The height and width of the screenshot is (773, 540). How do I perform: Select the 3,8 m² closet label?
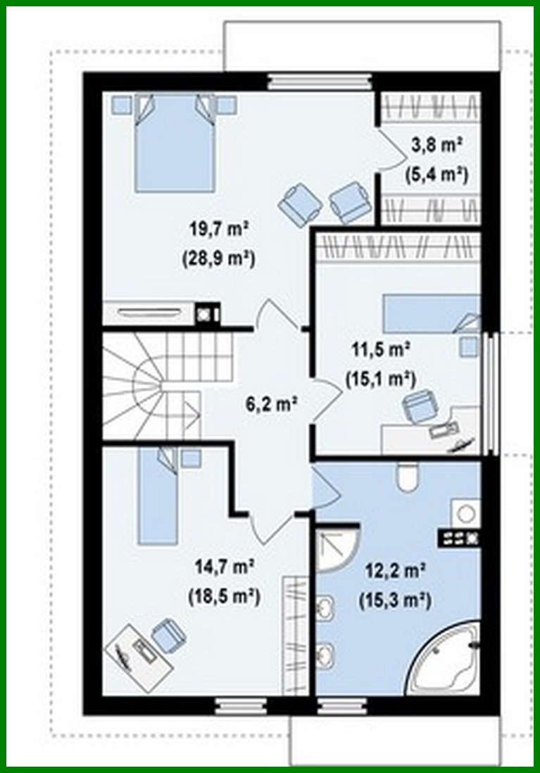click(x=437, y=146)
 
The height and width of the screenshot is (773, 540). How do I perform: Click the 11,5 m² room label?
click(x=381, y=348)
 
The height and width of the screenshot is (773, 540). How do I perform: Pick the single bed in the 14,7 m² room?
click(x=158, y=496)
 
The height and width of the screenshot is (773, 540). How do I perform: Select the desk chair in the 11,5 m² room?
click(x=420, y=407)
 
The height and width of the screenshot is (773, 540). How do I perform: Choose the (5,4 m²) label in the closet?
click(x=437, y=173)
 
